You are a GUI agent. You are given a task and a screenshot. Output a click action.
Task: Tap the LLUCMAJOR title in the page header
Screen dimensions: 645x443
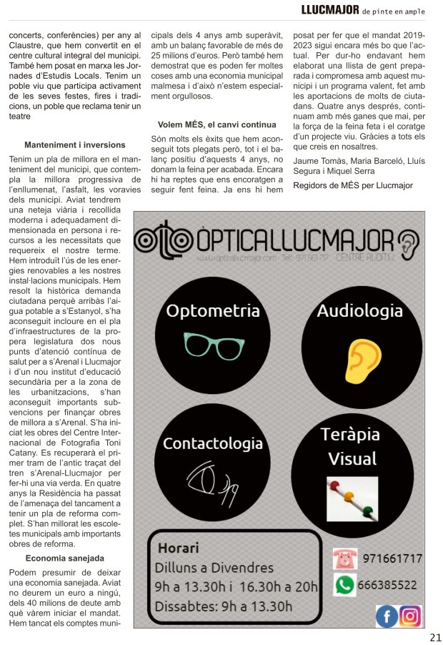[x=330, y=10]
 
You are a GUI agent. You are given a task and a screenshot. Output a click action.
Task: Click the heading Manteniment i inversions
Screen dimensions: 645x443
[x=74, y=144]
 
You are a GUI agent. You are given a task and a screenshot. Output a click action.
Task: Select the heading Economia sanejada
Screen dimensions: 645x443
[x=65, y=558]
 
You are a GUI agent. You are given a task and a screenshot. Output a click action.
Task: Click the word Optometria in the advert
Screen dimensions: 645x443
[x=212, y=311]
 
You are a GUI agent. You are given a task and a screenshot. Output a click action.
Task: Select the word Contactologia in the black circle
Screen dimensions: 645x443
[x=212, y=443]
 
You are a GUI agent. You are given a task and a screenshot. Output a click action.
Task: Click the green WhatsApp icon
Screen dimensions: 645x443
[x=345, y=585]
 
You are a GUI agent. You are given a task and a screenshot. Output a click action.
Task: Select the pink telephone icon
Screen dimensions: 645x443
[x=345, y=558]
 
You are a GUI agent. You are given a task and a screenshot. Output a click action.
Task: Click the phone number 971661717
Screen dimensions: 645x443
[x=392, y=558]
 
